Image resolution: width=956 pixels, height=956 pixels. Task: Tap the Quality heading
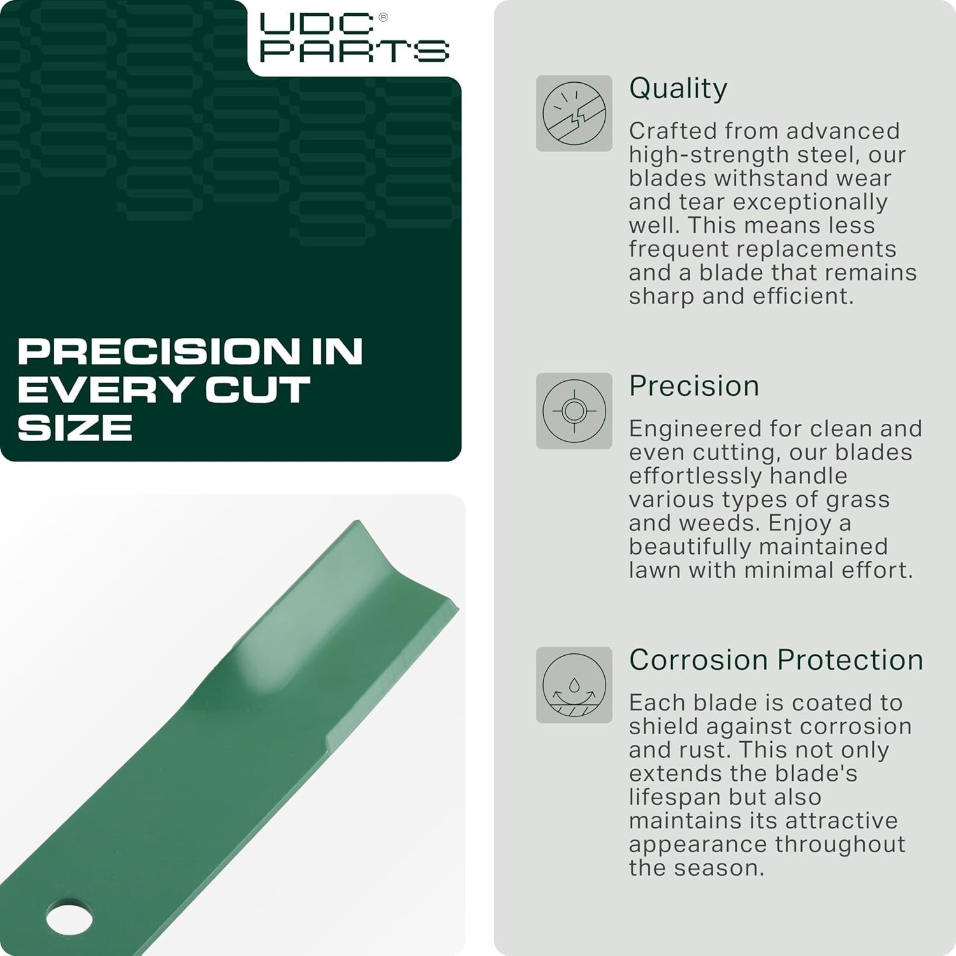(677, 89)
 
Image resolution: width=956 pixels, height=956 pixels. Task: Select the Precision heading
(693, 386)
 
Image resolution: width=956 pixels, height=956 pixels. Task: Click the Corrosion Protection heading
(776, 660)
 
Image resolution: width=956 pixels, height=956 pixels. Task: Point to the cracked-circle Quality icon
(574, 113)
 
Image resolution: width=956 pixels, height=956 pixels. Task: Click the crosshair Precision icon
(574, 411)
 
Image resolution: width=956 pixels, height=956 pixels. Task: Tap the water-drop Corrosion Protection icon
(574, 685)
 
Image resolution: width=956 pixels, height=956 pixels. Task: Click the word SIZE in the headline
(75, 428)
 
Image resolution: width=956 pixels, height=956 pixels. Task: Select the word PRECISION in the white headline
(158, 351)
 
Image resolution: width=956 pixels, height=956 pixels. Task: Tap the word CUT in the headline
(257, 389)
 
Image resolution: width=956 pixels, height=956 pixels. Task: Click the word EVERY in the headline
(105, 389)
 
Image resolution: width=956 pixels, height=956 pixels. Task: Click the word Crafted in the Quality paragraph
(669, 131)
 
